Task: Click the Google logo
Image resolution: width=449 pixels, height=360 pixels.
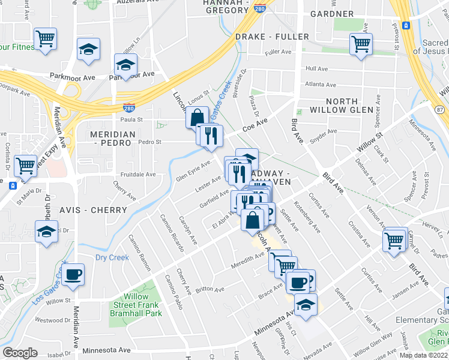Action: click(20, 353)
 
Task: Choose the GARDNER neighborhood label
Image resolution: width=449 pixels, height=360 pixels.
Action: click(332, 14)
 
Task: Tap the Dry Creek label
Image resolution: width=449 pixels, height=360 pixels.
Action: click(112, 258)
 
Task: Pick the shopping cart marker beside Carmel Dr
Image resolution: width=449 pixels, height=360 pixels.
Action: click(394, 241)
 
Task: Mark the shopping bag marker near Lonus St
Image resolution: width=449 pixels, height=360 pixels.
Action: click(196, 118)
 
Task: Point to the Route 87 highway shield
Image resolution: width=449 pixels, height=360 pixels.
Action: click(441, 109)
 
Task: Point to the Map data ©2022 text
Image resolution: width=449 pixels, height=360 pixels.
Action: click(424, 355)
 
